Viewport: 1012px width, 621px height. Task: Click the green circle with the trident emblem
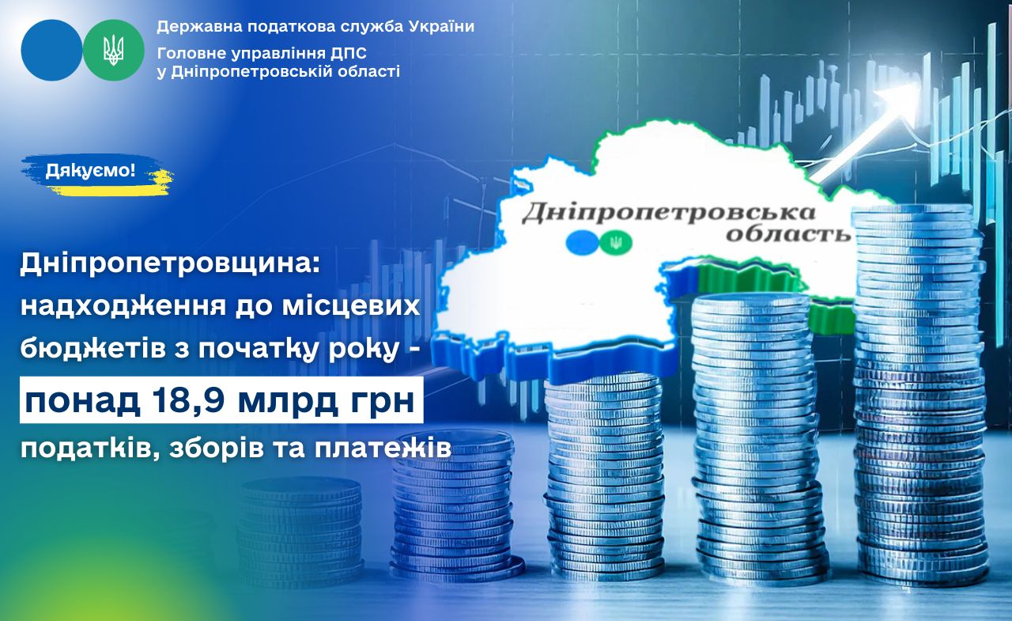pos(113,50)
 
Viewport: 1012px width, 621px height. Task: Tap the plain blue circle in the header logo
pos(52,50)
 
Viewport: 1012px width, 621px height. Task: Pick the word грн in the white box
pos(382,402)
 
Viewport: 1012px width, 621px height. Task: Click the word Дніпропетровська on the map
pos(669,214)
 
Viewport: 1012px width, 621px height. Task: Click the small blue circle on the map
pos(583,241)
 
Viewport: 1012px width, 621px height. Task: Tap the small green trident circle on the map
pos(616,243)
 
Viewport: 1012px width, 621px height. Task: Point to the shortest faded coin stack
pos(300,532)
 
